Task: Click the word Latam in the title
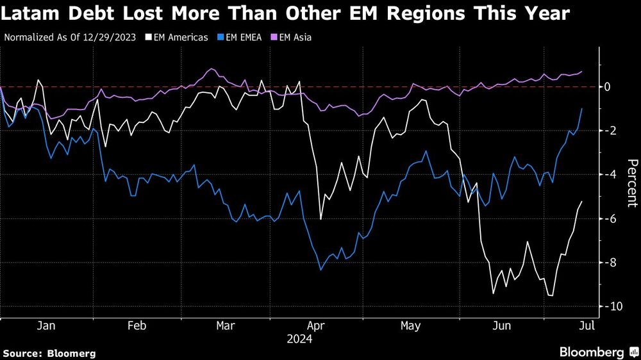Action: point(31,14)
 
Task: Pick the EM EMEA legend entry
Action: point(243,38)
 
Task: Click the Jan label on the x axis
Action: point(46,326)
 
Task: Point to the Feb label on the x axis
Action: point(137,326)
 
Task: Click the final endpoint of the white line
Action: point(582,202)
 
